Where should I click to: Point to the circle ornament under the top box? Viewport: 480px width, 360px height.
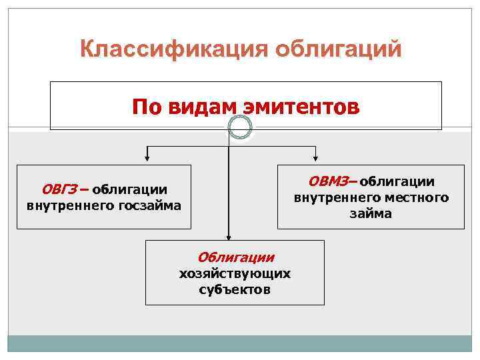239,127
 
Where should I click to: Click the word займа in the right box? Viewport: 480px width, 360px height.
370,214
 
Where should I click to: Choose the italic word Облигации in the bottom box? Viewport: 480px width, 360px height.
235,257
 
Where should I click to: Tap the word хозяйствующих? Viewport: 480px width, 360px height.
235,273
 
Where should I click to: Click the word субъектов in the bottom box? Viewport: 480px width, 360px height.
235,289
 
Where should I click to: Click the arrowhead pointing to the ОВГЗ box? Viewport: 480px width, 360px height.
147,160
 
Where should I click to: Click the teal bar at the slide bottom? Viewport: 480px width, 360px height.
240,343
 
